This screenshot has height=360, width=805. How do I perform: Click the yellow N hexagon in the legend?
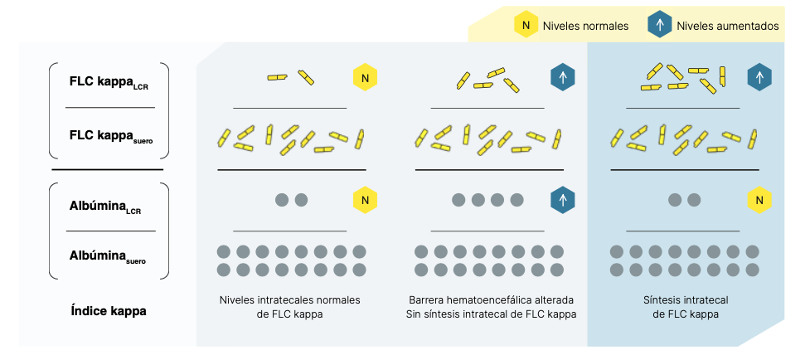tap(526, 25)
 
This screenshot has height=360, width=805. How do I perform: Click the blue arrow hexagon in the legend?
tap(660, 25)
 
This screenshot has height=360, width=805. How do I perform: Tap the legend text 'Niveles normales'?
tap(586, 26)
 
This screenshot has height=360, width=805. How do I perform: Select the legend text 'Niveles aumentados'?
tap(727, 26)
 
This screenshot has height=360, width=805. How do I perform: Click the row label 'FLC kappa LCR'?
tap(109, 83)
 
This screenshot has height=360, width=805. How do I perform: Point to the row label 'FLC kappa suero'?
tap(111, 136)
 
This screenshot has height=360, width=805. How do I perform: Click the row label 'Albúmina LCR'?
tap(105, 207)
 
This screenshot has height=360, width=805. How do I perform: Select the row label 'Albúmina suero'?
tap(107, 256)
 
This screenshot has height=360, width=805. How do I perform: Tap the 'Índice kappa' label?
tap(109, 311)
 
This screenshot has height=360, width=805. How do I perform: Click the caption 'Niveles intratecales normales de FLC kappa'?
tap(289, 307)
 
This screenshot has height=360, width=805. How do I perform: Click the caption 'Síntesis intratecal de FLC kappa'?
tap(686, 307)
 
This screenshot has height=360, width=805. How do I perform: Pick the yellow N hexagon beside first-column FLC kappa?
tap(365, 77)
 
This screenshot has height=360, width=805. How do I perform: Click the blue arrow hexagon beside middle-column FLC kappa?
tap(563, 77)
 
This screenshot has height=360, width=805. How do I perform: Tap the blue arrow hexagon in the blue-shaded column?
tap(760, 77)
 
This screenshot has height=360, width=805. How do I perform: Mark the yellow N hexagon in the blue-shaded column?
tap(760, 200)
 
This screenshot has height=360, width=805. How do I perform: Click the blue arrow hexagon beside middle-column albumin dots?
tap(563, 200)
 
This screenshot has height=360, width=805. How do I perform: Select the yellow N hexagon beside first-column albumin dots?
tap(365, 200)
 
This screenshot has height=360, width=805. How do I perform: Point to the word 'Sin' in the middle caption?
tap(413, 314)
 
